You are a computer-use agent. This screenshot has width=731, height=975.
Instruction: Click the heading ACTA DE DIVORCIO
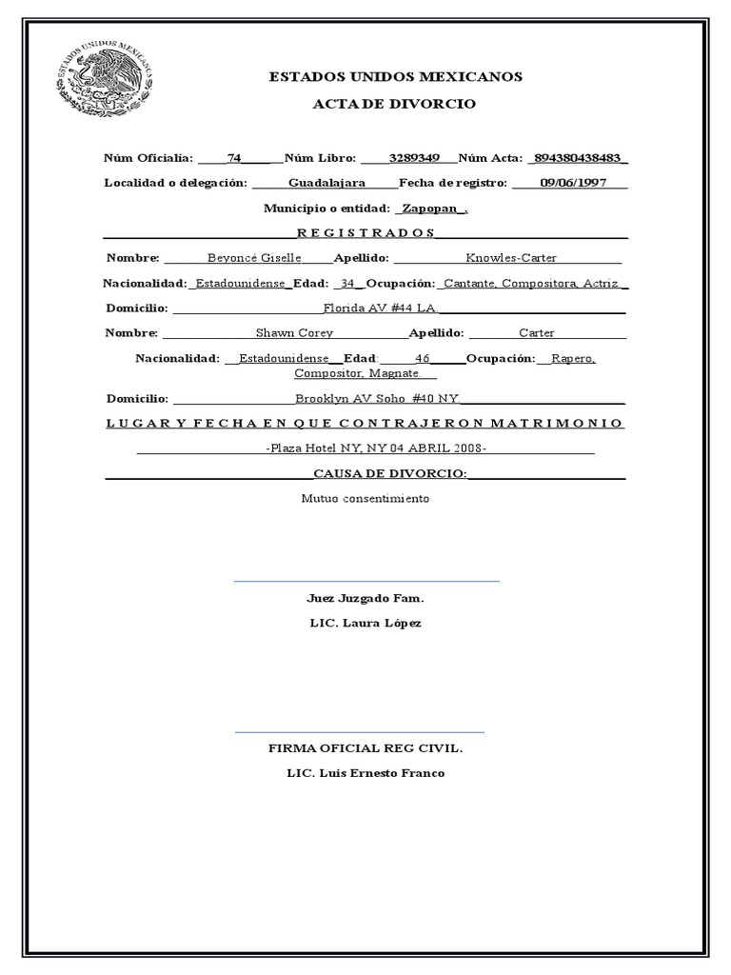pyautogui.click(x=394, y=103)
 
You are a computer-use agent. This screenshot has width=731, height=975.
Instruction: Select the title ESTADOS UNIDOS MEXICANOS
pyautogui.click(x=395, y=77)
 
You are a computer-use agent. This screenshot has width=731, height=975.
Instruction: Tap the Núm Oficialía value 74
pyautogui.click(x=235, y=157)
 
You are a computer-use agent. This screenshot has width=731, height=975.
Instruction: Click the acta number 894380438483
pyautogui.click(x=580, y=157)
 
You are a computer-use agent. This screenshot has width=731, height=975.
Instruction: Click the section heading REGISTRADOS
pyautogui.click(x=365, y=232)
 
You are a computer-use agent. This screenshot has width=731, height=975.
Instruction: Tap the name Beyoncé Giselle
pyautogui.click(x=254, y=257)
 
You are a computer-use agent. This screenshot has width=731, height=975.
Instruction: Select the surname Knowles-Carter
pyautogui.click(x=511, y=257)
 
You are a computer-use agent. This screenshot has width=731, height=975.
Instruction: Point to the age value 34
pyautogui.click(x=347, y=283)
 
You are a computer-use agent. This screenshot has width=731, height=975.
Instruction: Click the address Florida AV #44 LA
pyautogui.click(x=380, y=308)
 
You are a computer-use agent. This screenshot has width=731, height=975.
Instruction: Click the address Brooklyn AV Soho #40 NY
pyautogui.click(x=378, y=398)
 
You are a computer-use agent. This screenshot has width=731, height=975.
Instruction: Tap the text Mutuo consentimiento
pyautogui.click(x=365, y=498)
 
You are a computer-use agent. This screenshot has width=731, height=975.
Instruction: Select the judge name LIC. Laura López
pyautogui.click(x=365, y=623)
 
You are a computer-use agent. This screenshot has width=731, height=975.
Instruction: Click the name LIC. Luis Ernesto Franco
pyautogui.click(x=365, y=772)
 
